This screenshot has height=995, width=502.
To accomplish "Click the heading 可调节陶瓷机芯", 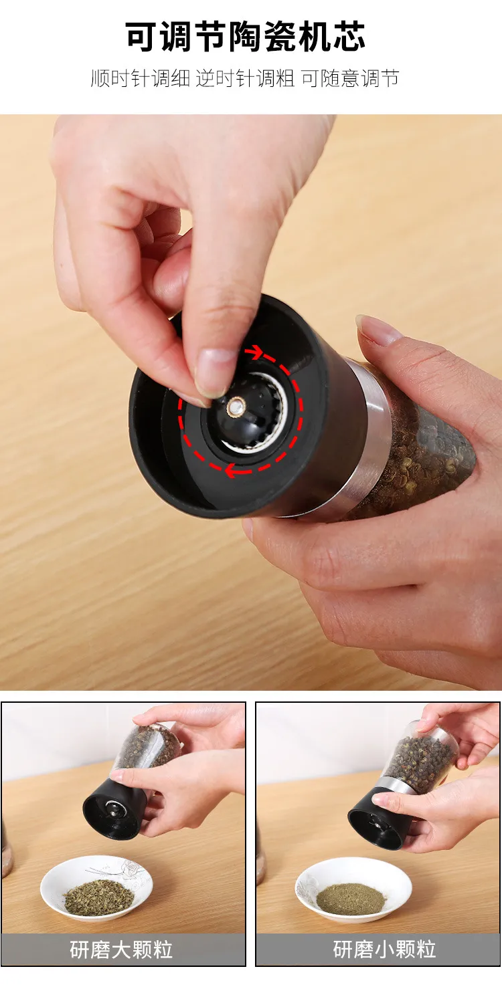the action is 246,36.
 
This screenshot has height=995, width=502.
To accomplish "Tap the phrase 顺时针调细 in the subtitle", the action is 140,79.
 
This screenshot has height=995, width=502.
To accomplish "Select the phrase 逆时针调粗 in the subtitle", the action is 245,79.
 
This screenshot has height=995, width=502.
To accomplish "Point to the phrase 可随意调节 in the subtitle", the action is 350,79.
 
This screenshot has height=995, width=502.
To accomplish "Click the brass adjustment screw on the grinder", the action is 236,406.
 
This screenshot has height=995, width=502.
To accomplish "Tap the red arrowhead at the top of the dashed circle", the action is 254,353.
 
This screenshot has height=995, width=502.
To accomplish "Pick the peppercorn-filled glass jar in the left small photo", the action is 147,749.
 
